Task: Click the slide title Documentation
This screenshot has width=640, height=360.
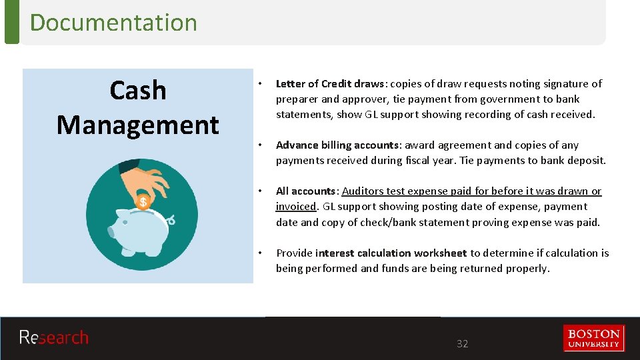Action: pos(113,23)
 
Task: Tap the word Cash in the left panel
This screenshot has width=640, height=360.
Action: pos(137,90)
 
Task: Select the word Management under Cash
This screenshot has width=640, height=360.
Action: pos(137,125)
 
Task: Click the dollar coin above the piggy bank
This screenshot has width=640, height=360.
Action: pos(143,201)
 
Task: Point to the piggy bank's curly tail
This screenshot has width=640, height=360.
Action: pos(171,219)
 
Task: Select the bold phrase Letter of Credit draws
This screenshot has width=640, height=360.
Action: pos(330,84)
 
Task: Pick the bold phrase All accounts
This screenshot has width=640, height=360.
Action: pos(305,191)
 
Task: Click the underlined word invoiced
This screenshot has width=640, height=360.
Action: pos(295,207)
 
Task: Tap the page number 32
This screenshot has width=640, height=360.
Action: pos(462,344)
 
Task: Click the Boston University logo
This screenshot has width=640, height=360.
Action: pos(594,338)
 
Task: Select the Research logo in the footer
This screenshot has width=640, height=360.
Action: pos(53,337)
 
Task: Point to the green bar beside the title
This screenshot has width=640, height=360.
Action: pos(11,22)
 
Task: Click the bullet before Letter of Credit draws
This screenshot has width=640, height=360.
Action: pos(261,84)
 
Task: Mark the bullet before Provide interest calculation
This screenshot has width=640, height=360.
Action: pos(261,253)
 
